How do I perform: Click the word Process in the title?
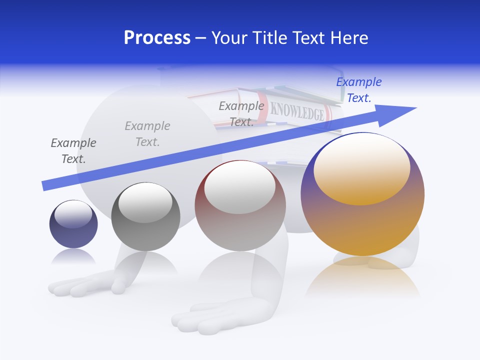pos(157,38)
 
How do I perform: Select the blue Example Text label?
pos(358,90)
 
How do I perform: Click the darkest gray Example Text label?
pos(73,151)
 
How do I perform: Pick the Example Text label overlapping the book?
pos(241,114)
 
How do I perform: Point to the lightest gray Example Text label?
pos(147,134)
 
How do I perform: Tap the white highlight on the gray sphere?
pos(145,202)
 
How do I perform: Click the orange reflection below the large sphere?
pos(363,280)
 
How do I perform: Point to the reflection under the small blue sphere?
pos(73,257)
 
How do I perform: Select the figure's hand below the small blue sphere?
pos(85,285)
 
